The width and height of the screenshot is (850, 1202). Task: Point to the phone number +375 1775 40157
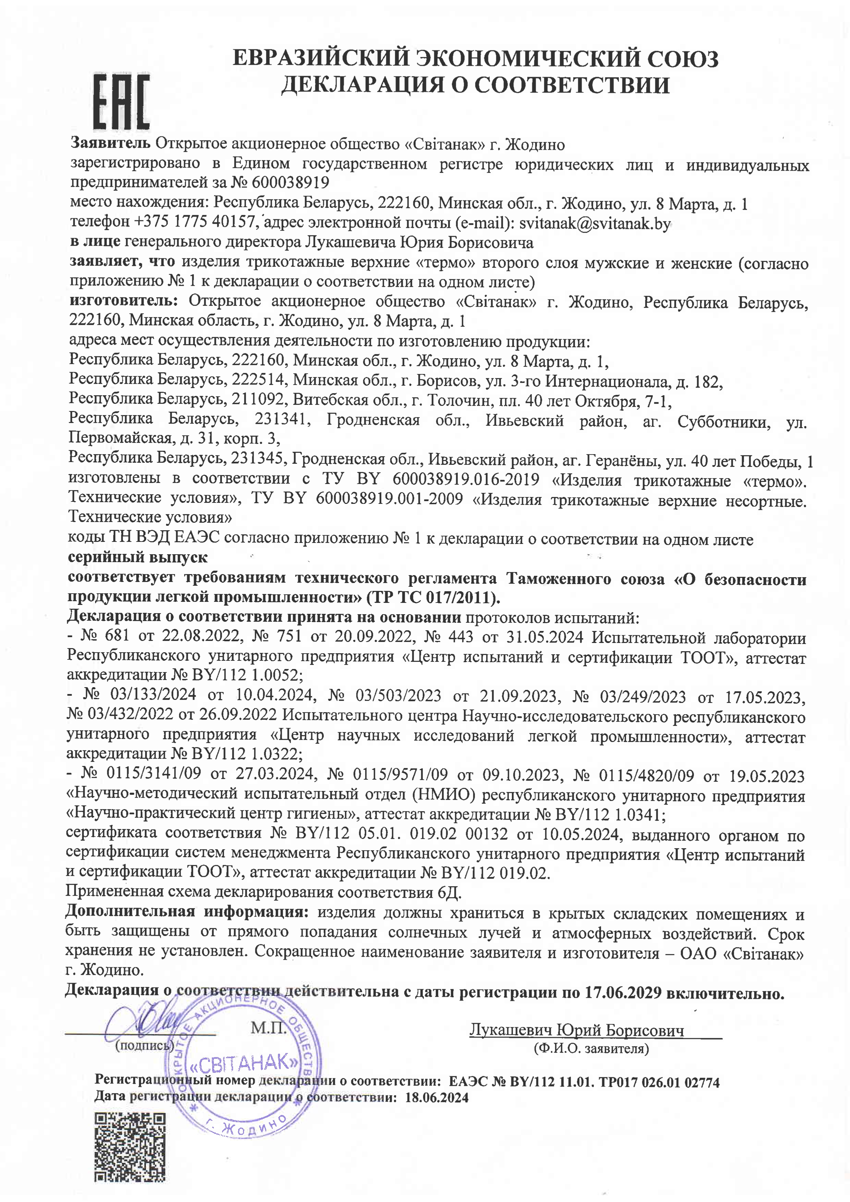(x=195, y=222)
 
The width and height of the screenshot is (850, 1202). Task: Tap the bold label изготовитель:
(x=124, y=301)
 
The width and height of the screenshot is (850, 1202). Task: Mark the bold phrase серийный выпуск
(x=138, y=558)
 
